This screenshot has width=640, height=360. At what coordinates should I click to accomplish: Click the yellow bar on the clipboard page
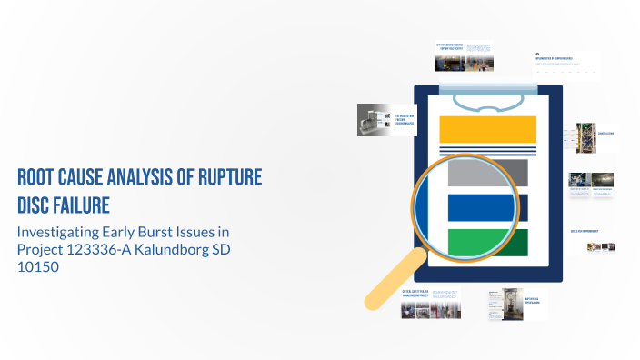486,129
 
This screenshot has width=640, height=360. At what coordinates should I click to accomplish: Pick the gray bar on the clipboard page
488,172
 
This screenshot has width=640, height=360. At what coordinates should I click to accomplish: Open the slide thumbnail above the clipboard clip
463,56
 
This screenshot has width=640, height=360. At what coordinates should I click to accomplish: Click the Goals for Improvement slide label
585,231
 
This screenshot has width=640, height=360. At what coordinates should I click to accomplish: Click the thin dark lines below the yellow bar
486,149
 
